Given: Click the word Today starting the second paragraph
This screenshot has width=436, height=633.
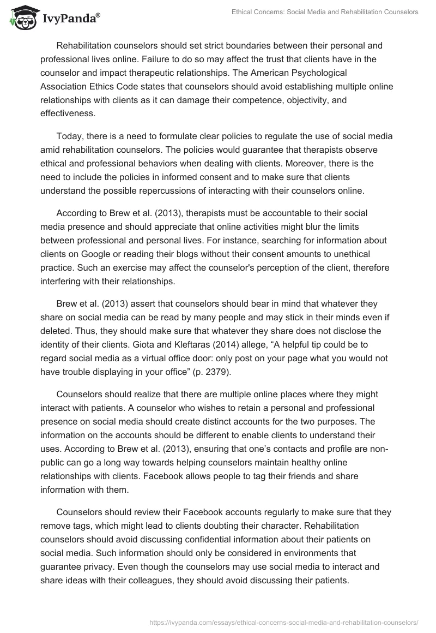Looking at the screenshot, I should pos(69,136).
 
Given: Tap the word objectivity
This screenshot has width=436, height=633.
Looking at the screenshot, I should pos(308,100).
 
